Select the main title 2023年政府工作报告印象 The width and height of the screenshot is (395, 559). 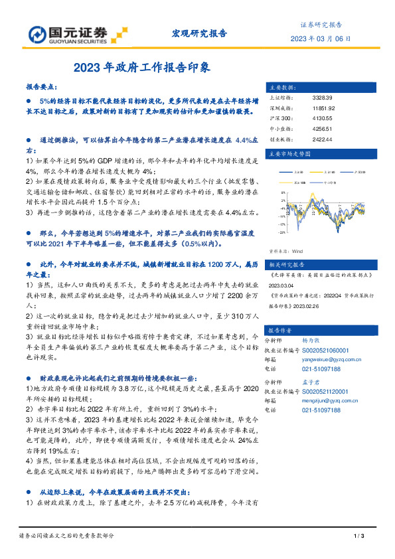coord(142,67)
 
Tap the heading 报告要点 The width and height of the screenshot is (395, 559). coord(42,87)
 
